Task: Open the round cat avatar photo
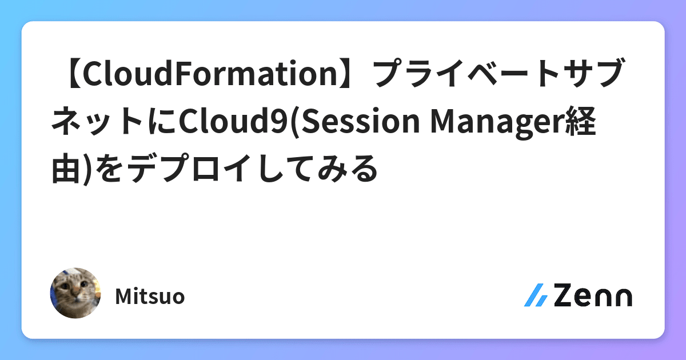point(75,293)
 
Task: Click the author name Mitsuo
point(150,297)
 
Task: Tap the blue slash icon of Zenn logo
point(536,295)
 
